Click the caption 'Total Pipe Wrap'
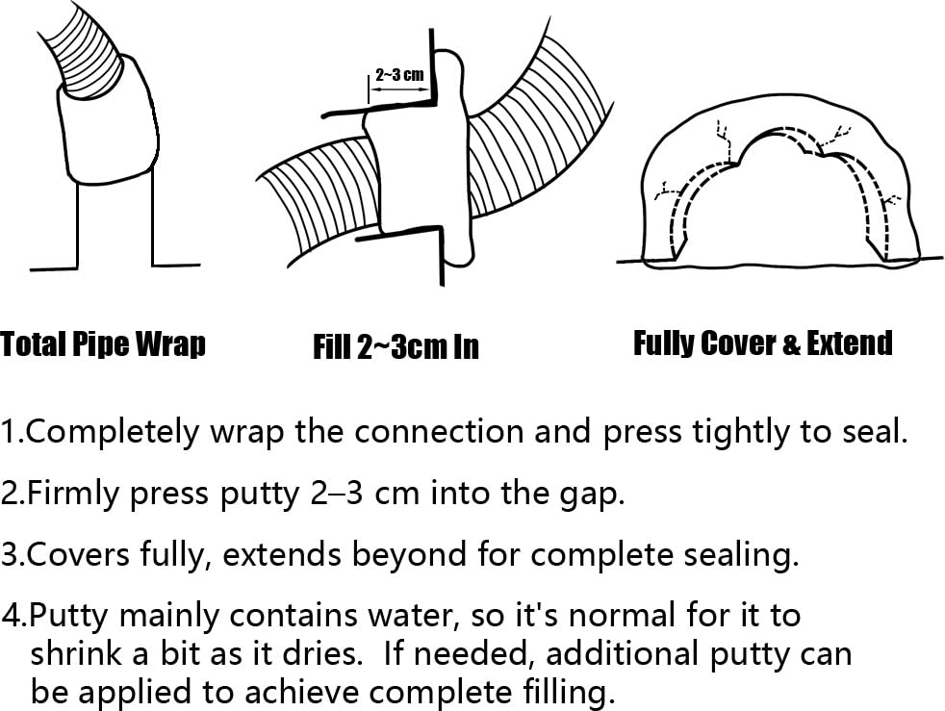pyautogui.click(x=103, y=344)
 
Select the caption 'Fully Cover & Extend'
pyautogui.click(x=762, y=343)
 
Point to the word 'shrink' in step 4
pyautogui.click(x=77, y=654)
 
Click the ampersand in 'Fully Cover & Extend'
pyautogui.click(x=790, y=344)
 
